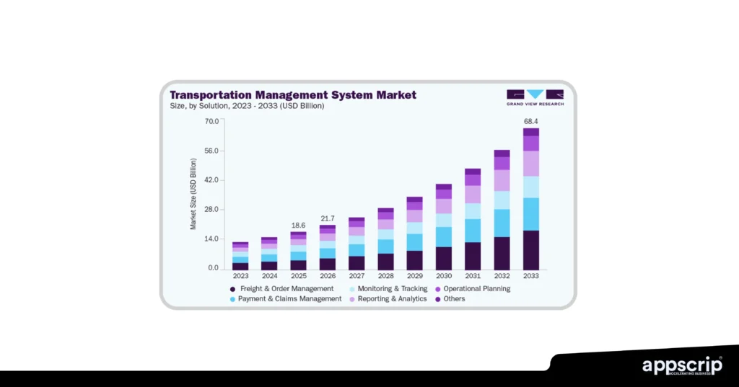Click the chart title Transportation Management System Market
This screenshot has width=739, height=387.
(292, 94)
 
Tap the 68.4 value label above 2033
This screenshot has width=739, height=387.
(531, 120)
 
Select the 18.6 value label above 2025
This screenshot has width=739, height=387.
(298, 226)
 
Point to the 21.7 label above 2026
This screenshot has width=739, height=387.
(328, 218)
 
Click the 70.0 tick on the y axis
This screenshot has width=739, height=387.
(211, 121)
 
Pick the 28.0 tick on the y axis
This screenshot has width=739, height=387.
(211, 210)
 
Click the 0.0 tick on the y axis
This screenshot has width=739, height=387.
(213, 268)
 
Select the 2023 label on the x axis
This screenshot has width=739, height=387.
(240, 276)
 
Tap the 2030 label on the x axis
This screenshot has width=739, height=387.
(444, 276)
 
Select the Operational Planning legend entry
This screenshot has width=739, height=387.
(476, 289)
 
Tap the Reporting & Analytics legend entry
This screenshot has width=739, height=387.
(392, 299)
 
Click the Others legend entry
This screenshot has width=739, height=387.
(454, 299)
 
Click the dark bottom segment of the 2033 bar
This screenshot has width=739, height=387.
(531, 249)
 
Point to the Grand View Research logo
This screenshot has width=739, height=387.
(535, 97)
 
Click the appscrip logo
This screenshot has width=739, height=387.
(681, 365)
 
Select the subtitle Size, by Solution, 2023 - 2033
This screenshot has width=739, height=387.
(247, 107)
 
